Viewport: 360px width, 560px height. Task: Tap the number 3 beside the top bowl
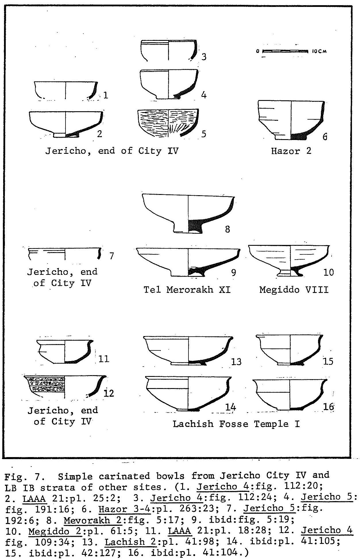[204, 57]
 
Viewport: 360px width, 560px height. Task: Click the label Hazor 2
[291, 151]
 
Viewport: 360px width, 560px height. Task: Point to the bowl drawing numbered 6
[291, 120]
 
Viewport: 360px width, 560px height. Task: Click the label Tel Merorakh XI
[187, 289]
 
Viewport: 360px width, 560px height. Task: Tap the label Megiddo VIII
[294, 289]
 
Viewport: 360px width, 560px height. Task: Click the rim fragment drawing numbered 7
[65, 253]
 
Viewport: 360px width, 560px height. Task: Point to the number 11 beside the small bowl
[103, 359]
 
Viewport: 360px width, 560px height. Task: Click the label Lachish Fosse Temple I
[236, 424]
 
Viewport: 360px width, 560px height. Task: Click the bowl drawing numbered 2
[66, 124]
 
